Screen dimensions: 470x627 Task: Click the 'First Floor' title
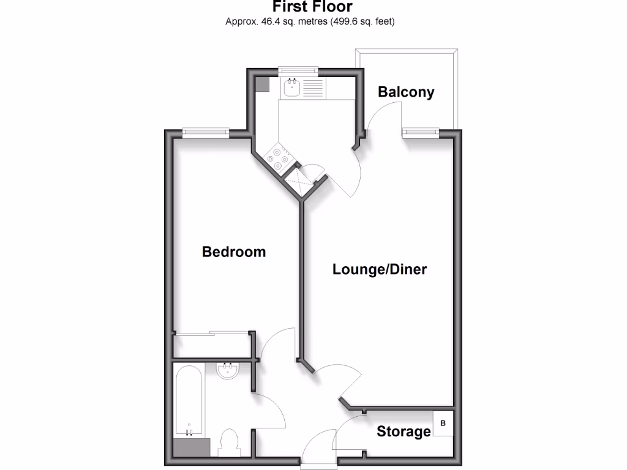pyautogui.click(x=312, y=7)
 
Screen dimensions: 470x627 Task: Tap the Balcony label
pyautogui.click(x=406, y=92)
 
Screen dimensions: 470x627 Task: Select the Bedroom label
pyautogui.click(x=234, y=252)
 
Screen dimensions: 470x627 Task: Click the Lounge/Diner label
pyautogui.click(x=380, y=269)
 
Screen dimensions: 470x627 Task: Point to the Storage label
pyautogui.click(x=404, y=431)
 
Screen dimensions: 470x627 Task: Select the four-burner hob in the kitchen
pyautogui.click(x=277, y=157)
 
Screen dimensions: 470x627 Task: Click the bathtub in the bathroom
pyautogui.click(x=187, y=401)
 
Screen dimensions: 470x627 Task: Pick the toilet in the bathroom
pyautogui.click(x=229, y=441)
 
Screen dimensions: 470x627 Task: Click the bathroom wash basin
pyautogui.click(x=227, y=370)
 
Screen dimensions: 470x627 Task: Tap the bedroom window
pyautogui.click(x=206, y=131)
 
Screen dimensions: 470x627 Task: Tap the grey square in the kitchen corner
pyautogui.click(x=262, y=84)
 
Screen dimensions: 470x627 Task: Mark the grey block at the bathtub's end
pyautogui.click(x=192, y=447)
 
